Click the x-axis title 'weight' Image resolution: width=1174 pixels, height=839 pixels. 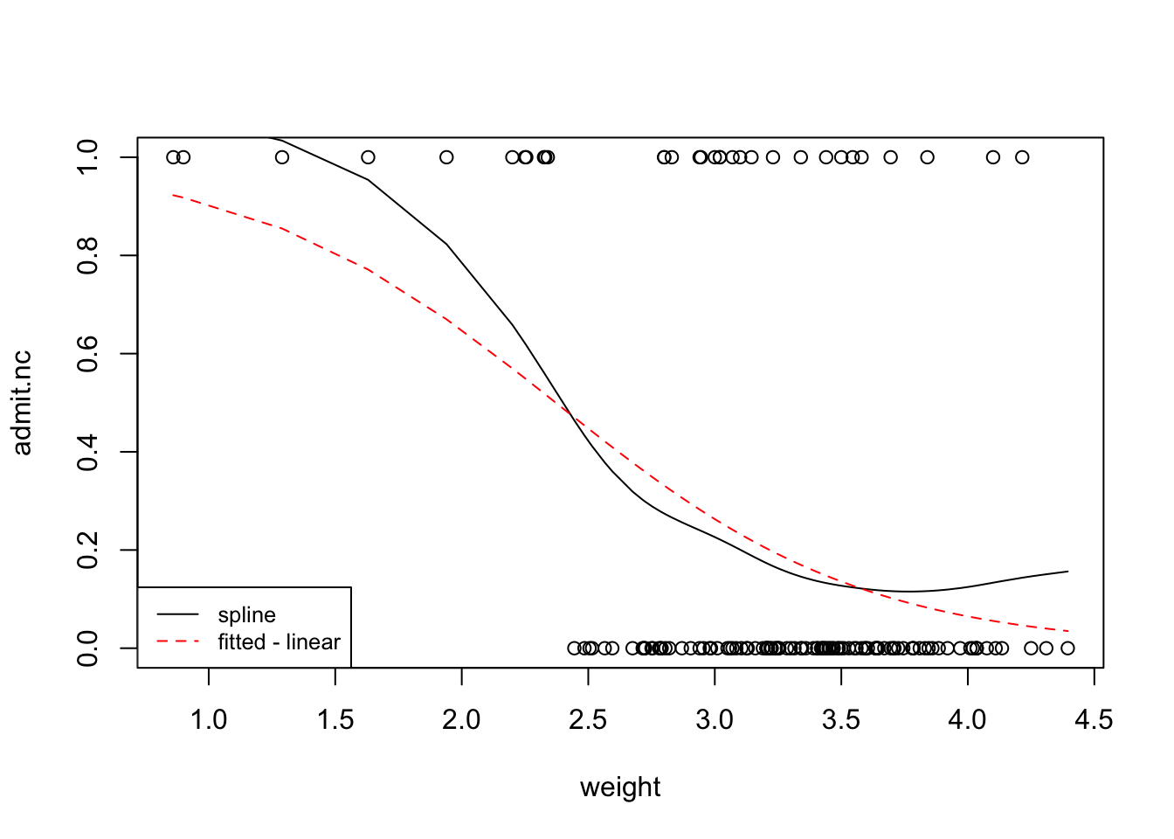620,787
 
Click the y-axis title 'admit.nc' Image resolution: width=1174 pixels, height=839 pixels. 23,403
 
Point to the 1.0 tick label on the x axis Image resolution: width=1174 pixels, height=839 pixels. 209,720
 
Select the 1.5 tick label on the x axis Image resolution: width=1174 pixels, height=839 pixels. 335,720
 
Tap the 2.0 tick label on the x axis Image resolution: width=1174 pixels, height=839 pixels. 461,720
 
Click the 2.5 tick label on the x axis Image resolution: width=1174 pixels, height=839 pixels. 588,720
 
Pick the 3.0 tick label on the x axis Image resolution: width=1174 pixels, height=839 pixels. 715,720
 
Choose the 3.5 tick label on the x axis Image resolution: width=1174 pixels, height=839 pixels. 841,720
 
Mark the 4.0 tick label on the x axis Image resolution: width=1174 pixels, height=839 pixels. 967,720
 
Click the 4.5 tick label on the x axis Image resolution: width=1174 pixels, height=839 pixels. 1094,720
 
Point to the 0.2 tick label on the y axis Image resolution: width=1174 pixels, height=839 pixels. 87,551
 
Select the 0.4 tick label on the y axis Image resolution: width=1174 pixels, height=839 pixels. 87,452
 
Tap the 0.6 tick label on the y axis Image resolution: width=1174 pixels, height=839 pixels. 87,354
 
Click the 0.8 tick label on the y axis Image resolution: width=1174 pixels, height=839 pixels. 87,255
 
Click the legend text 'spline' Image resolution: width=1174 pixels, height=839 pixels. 247,615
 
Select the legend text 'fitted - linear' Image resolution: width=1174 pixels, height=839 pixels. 279,642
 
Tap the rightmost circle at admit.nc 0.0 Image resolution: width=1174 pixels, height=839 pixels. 1067,648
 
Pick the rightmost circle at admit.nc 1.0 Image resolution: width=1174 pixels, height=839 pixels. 1022,157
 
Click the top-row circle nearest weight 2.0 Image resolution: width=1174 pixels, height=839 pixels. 446,157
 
